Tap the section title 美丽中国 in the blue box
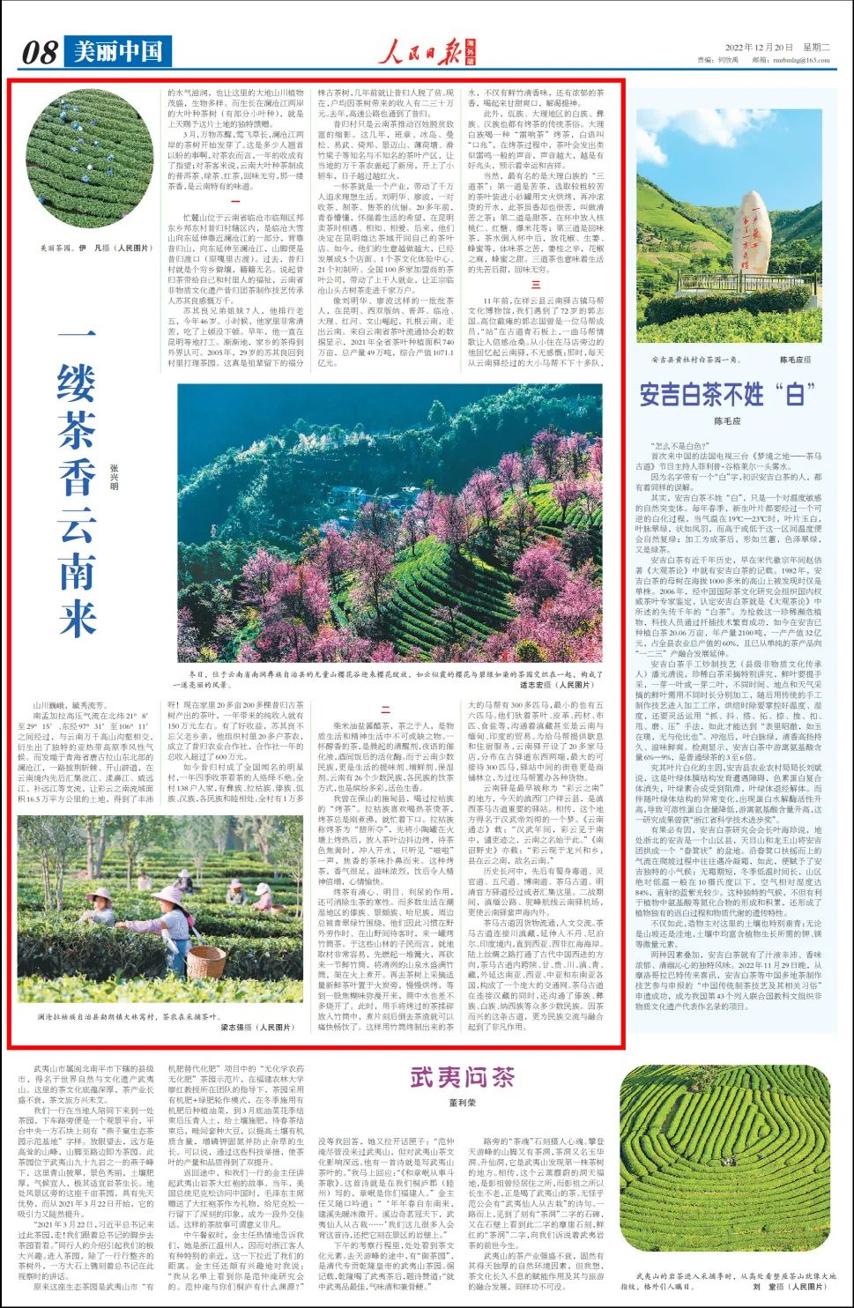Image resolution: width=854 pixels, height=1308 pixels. (117, 52)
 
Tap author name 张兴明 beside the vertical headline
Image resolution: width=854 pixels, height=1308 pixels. (114, 475)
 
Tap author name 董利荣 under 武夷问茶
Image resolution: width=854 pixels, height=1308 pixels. (462, 1103)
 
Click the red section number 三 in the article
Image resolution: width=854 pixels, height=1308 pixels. (535, 284)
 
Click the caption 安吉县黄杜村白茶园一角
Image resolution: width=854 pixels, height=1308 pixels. (696, 360)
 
